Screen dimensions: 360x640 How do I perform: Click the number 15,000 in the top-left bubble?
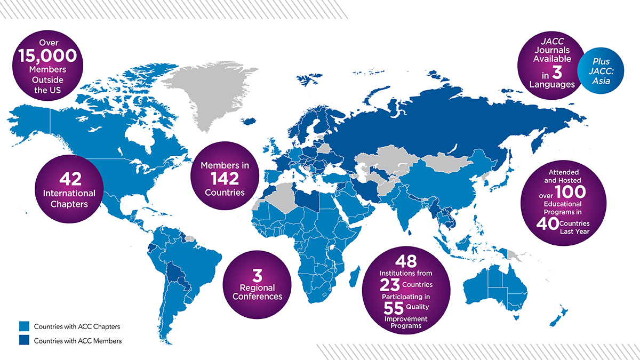pos(47,55)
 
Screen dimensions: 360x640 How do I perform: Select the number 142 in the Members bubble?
pos(225,178)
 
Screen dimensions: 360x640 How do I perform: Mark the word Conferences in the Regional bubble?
pos(257,297)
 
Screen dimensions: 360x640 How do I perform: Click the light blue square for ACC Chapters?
pos(23,326)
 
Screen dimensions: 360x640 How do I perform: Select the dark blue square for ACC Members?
pos(23,340)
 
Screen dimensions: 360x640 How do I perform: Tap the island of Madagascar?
pos(353,278)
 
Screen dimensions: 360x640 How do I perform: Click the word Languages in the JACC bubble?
pos(551,84)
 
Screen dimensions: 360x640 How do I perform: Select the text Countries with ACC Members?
pos(78,340)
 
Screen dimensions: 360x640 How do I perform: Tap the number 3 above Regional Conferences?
pos(257,276)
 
